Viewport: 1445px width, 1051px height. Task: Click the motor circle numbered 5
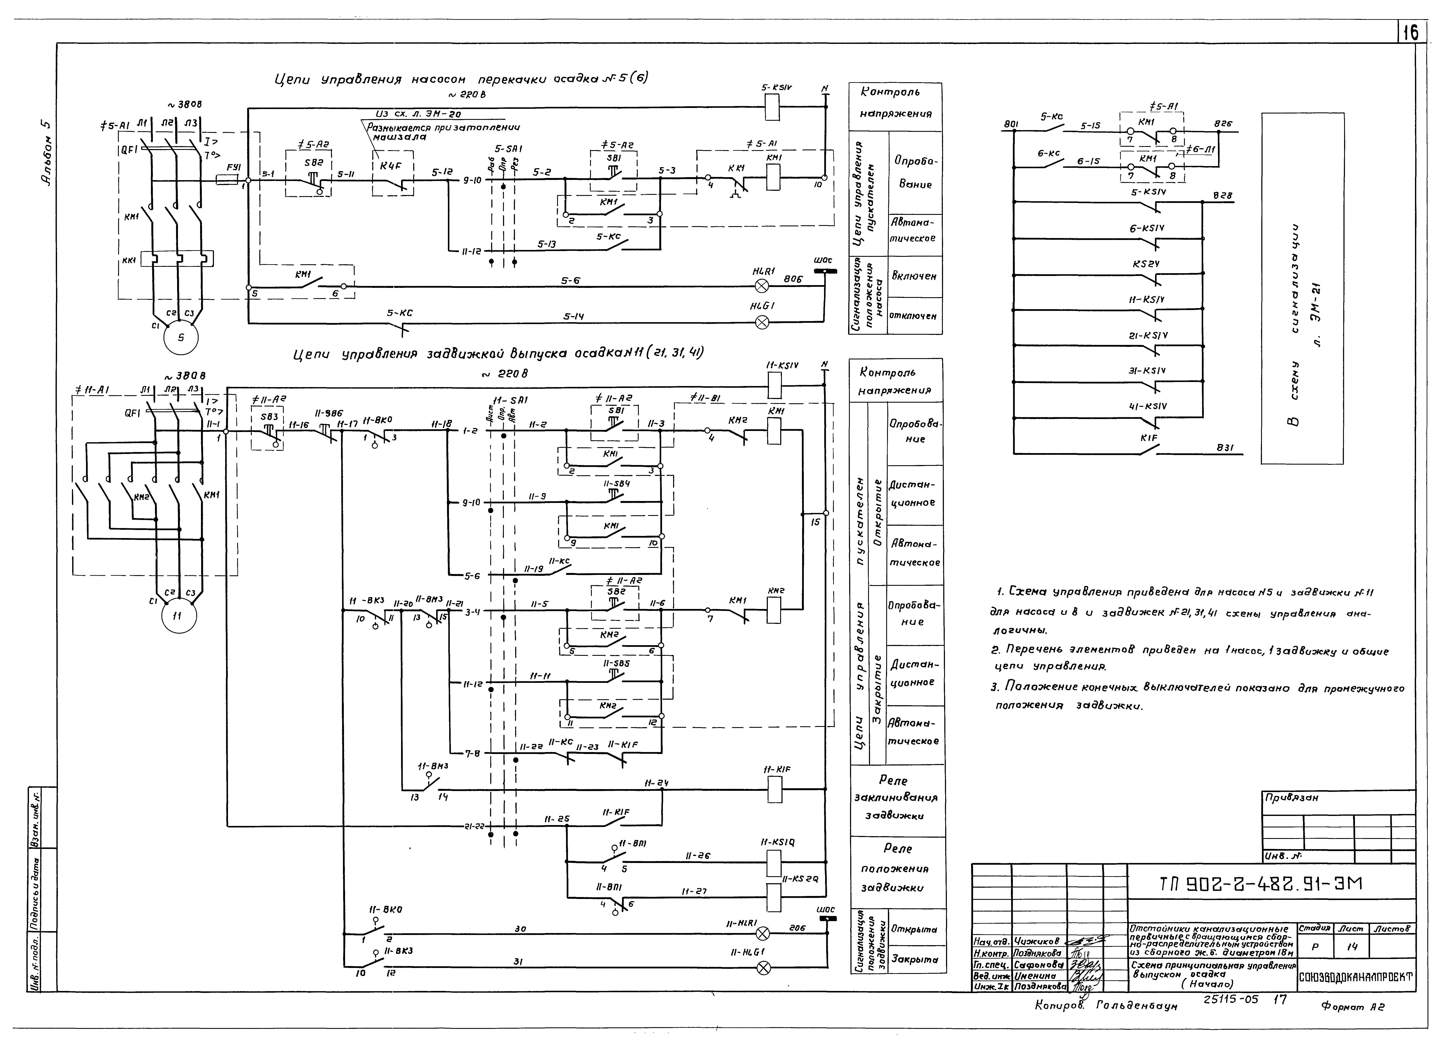click(181, 338)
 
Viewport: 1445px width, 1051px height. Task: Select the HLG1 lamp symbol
click(762, 323)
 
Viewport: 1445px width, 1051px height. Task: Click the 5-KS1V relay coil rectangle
click(772, 107)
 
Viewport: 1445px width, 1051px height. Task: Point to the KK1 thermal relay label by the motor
click(131, 260)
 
